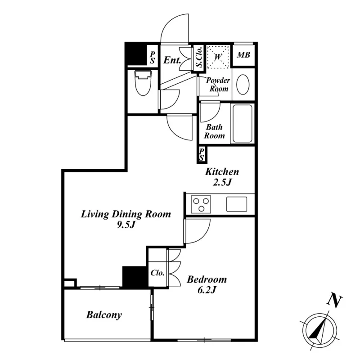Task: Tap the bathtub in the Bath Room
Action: [243, 123]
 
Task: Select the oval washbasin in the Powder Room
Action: [243, 85]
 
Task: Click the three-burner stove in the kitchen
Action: [201, 204]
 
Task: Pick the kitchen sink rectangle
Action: [237, 204]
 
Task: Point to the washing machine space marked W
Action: [218, 57]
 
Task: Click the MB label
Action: [243, 55]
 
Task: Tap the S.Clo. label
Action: [199, 57]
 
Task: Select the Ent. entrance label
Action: [172, 60]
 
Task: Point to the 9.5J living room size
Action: [126, 225]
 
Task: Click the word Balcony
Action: [104, 315]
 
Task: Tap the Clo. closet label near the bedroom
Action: [157, 273]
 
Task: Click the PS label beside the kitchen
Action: [202, 154]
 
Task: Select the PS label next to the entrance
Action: [152, 58]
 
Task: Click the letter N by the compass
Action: [334, 301]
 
